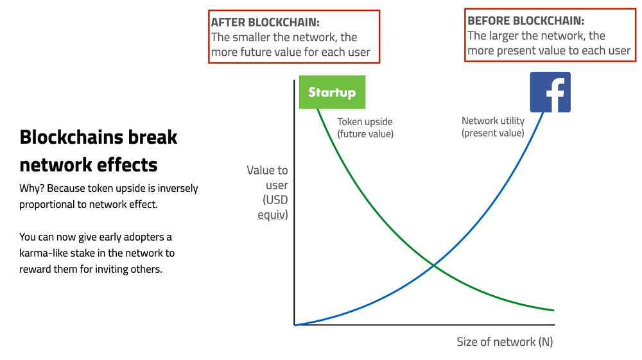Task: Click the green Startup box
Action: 332,92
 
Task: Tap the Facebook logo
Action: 550,92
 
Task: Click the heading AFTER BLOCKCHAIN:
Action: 265,22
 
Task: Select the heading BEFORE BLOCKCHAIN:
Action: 526,21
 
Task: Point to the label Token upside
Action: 365,121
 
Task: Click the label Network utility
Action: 493,121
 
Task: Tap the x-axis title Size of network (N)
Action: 505,341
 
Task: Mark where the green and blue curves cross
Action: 433,266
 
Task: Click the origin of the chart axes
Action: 295,325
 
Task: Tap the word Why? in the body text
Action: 31,189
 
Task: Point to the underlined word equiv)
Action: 273,215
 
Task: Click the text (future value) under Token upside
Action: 365,133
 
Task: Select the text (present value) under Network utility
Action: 492,133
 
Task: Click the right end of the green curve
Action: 554,310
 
